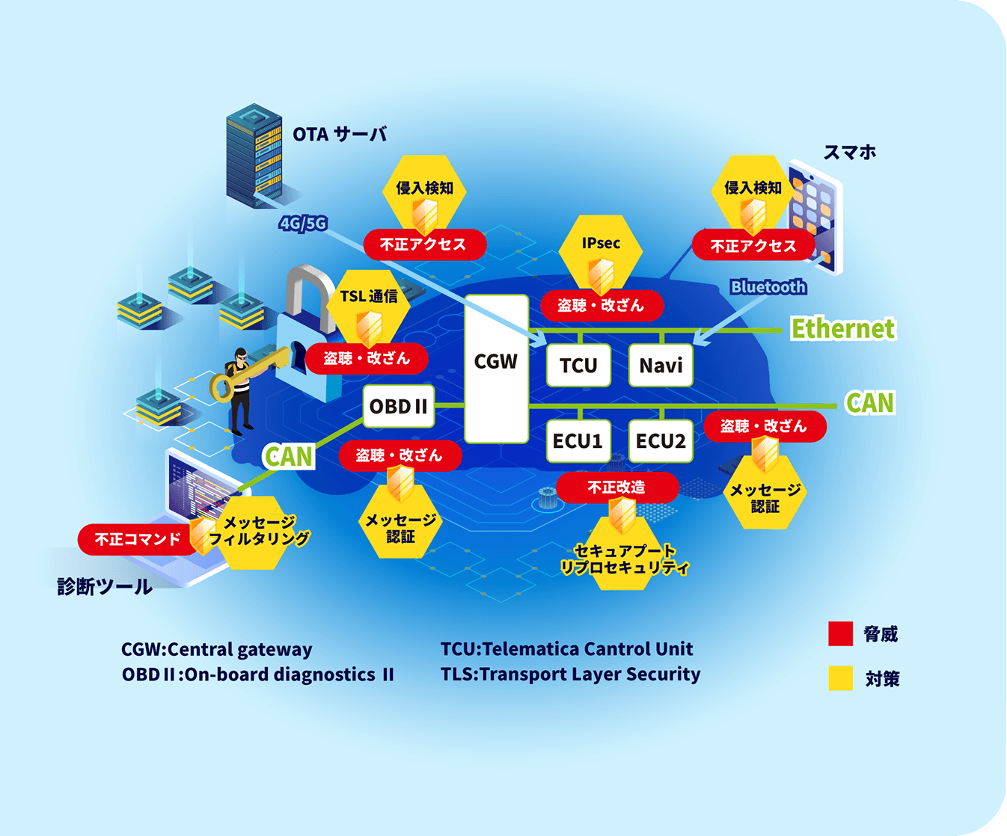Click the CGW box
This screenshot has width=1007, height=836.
(x=496, y=368)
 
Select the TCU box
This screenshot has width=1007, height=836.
(x=578, y=366)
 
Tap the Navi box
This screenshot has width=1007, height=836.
(x=661, y=366)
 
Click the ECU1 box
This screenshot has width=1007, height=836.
(x=578, y=441)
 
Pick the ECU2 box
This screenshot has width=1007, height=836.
(x=661, y=441)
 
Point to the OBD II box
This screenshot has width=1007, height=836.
(x=398, y=407)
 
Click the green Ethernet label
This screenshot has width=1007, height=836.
(x=842, y=328)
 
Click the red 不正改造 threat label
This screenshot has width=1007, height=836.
(x=616, y=488)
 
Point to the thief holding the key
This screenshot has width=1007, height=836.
(x=240, y=389)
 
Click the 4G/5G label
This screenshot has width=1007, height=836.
(x=303, y=223)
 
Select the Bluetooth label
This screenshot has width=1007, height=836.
(x=768, y=287)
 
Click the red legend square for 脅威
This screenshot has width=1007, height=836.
(x=841, y=633)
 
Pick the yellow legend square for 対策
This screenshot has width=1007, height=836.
(x=841, y=678)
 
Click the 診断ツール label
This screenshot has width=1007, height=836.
(x=105, y=586)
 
